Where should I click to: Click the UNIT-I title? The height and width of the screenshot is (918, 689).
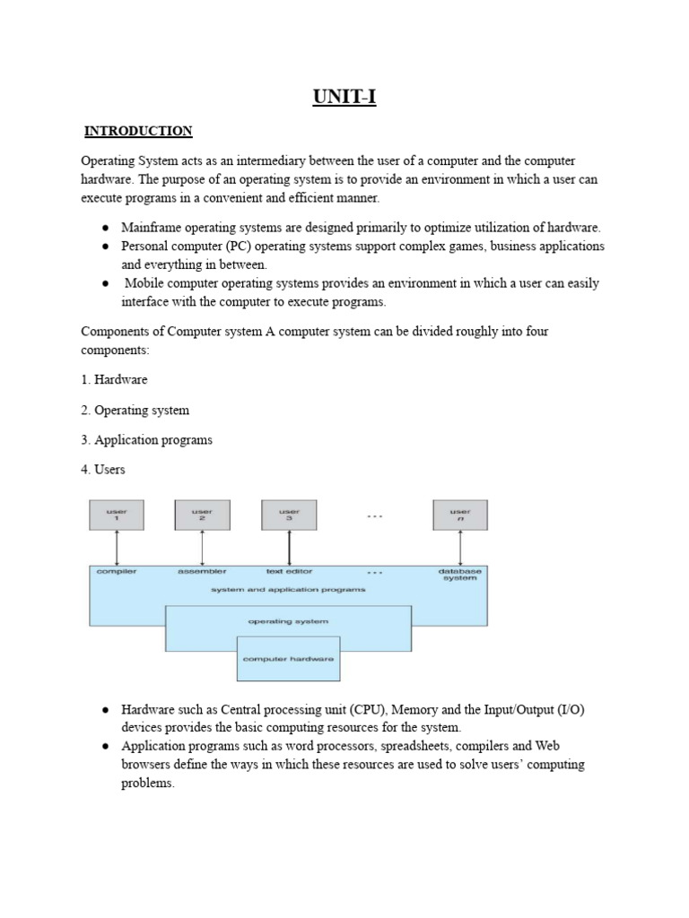(x=344, y=96)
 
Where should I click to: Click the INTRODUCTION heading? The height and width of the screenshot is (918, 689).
(x=138, y=131)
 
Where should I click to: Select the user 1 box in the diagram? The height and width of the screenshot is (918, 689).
(x=116, y=515)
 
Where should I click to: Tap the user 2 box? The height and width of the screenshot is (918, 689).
(x=202, y=515)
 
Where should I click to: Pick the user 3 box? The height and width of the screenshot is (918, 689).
(x=289, y=515)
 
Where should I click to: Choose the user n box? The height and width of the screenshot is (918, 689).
(x=460, y=515)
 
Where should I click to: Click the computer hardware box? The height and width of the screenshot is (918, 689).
(x=288, y=659)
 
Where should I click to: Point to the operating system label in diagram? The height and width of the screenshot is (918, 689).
(x=288, y=620)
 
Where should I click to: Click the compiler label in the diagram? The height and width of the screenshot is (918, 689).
(x=116, y=571)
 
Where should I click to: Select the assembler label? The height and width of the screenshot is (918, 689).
(x=202, y=571)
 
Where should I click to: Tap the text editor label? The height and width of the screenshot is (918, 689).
(x=288, y=571)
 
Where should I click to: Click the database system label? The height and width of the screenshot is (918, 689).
(x=458, y=575)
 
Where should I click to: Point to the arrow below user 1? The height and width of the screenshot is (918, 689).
(x=116, y=547)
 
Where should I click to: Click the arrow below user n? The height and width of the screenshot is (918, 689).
(x=460, y=547)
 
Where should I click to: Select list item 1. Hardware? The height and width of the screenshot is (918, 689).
(x=115, y=379)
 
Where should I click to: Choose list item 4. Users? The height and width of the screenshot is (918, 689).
(x=103, y=469)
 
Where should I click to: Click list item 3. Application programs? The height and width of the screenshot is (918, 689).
(x=147, y=439)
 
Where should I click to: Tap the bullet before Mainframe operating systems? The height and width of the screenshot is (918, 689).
(x=105, y=229)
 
